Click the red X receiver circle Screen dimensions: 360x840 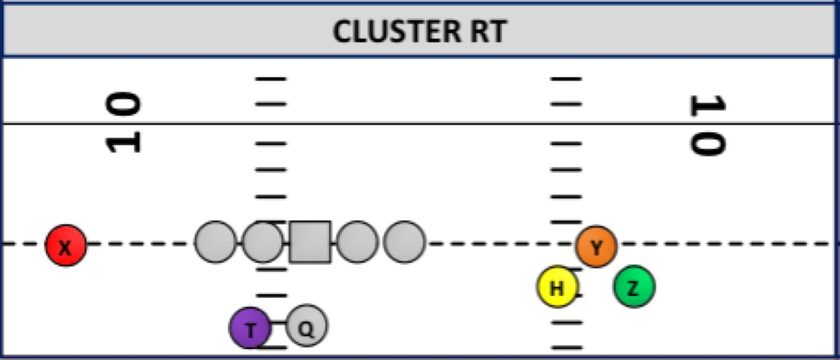(x=65, y=245)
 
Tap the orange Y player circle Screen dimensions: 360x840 (x=596, y=246)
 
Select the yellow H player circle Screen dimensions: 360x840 (x=557, y=287)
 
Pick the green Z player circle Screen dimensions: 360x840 (x=634, y=286)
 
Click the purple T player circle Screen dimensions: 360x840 (x=250, y=328)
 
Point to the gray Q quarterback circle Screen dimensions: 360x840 (x=307, y=326)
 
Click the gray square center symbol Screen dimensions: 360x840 (x=310, y=242)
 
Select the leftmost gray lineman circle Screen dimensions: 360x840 (x=215, y=242)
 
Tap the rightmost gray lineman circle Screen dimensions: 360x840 (x=404, y=242)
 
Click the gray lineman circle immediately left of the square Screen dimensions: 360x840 (x=263, y=242)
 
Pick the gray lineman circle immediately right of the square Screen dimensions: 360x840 (x=358, y=242)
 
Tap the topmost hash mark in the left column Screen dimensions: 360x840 (x=271, y=79)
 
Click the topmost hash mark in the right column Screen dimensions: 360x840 (x=566, y=79)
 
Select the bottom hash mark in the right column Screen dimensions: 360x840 (x=566, y=347)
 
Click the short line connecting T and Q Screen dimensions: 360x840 (x=278, y=322)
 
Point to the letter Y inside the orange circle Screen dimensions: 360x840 (x=596, y=247)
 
